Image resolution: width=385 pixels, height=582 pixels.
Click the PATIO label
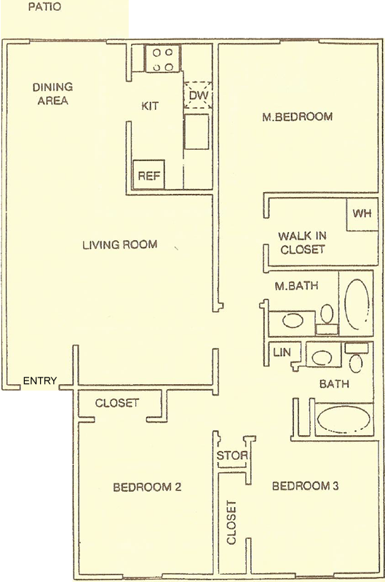[x=44, y=7]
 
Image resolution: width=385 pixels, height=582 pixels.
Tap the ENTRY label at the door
[x=40, y=380]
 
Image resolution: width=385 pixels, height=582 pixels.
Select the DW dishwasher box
[x=198, y=95]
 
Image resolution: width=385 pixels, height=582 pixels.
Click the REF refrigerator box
[x=148, y=175]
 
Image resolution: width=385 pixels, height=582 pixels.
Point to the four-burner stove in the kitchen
[x=162, y=59]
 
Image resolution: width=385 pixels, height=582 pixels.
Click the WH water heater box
[x=362, y=214]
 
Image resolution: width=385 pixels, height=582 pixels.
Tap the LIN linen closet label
[x=282, y=352]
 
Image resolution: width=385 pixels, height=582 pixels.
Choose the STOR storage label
[x=232, y=455]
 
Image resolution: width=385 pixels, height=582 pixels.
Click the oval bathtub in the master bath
[x=357, y=304]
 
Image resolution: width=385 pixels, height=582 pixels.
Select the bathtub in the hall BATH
[x=344, y=419]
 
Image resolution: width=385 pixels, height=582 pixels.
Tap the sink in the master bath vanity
[x=293, y=320]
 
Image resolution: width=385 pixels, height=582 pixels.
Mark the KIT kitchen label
[x=150, y=106]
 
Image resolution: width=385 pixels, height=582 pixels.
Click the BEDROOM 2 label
[x=147, y=487]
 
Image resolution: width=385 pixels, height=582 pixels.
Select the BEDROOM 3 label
[x=305, y=486]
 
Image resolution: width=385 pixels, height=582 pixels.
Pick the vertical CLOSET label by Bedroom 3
[x=231, y=522]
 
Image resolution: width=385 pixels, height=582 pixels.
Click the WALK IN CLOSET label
[x=303, y=243]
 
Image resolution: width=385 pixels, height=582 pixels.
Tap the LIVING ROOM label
[x=120, y=244]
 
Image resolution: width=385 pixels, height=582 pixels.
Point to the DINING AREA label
[x=52, y=94]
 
